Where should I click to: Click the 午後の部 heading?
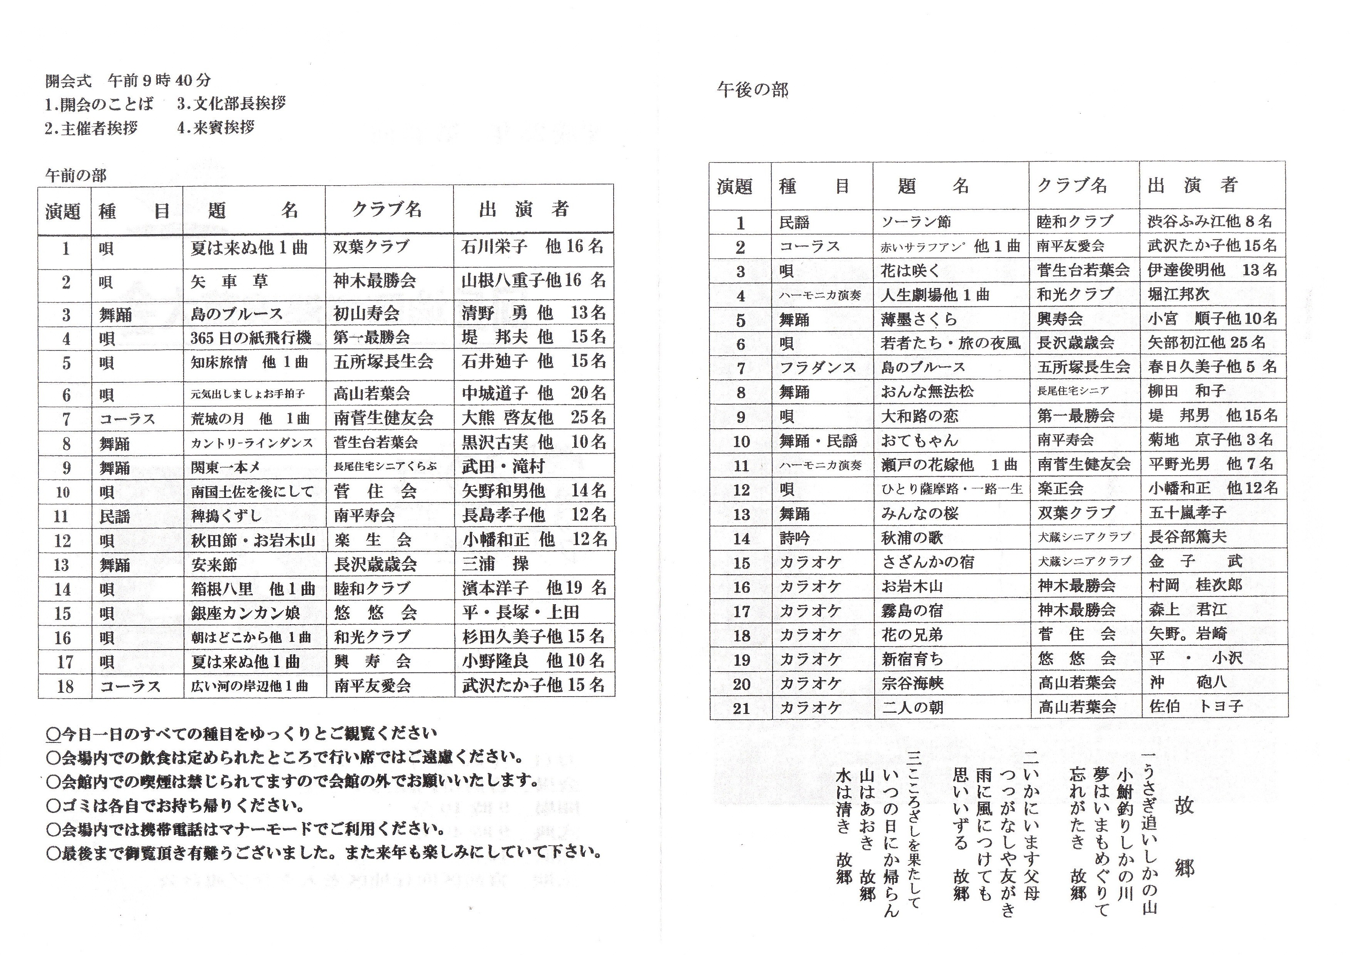pos(753,90)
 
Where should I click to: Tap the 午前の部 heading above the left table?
pos(76,175)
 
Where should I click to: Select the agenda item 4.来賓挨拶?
pos(216,127)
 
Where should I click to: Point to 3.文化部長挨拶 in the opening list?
pos(231,104)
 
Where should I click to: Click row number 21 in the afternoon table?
pos(741,708)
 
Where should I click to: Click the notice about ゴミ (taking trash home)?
pos(175,805)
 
